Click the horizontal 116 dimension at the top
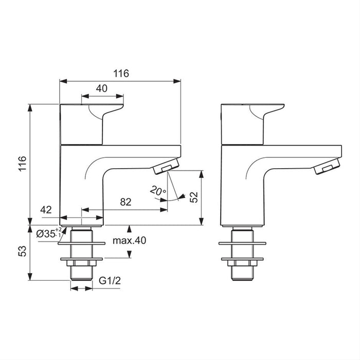tap(120, 74)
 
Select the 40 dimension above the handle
tap(102, 88)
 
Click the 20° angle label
tap(157, 191)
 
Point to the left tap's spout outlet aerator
tap(167, 168)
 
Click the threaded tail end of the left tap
tap(82, 272)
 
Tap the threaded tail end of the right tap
tap(241, 272)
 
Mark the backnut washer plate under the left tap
tap(82, 259)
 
